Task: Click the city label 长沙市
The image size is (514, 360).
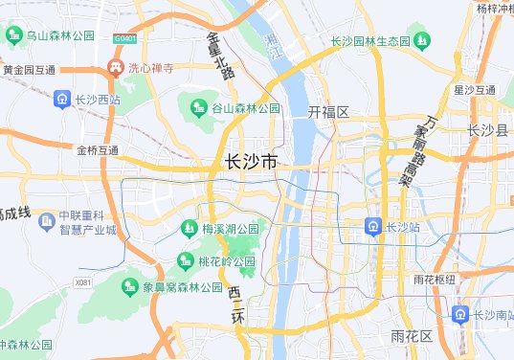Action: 250,163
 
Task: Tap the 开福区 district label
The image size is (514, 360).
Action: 328,112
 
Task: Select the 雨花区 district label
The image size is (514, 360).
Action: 412,336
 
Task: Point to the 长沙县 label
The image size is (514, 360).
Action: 488,131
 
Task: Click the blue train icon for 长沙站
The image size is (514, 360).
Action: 372,227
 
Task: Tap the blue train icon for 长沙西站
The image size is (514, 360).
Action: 62,100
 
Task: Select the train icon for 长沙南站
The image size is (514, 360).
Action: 461,315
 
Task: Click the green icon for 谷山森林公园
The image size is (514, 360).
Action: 199,108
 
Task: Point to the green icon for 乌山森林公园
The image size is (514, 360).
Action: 13,35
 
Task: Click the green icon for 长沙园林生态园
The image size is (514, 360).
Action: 422,41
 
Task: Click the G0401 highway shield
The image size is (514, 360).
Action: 124,39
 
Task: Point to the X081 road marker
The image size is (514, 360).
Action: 83,282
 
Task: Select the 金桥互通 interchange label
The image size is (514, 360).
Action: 98,150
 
